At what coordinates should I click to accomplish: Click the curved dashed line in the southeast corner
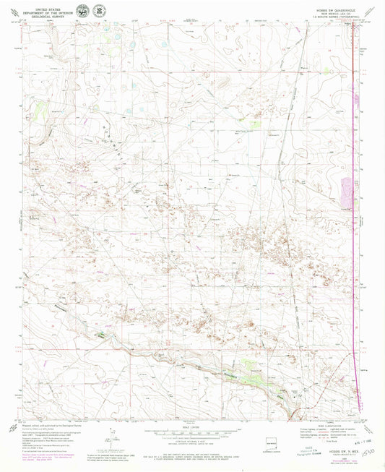pyautogui.click(x=354, y=394)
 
